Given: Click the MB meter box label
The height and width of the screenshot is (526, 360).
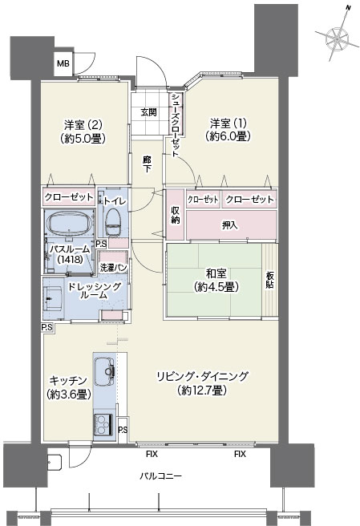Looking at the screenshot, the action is click(x=63, y=63).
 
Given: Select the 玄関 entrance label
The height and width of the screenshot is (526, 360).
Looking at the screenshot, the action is click(x=148, y=111).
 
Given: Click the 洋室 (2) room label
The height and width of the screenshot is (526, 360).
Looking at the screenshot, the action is click(x=83, y=125).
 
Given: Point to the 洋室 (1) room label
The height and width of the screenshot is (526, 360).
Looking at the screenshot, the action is click(x=229, y=123).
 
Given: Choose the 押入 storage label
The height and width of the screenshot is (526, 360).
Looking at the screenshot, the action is click(x=230, y=225).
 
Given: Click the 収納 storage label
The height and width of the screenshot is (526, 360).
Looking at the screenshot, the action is click(x=176, y=215).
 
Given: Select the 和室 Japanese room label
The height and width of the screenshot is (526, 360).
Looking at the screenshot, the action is click(x=216, y=273).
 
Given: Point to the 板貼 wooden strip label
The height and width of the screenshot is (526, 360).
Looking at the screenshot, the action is click(x=270, y=280).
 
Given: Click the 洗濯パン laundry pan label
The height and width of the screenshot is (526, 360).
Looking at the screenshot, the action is click(x=113, y=268).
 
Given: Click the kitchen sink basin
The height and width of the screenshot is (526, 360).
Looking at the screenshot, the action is click(x=105, y=371).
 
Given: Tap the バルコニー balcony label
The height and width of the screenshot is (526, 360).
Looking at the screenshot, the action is click(x=160, y=475).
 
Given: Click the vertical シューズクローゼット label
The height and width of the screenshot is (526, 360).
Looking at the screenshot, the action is click(x=175, y=125).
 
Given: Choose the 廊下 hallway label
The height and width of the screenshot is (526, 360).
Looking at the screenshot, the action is click(x=147, y=164).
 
